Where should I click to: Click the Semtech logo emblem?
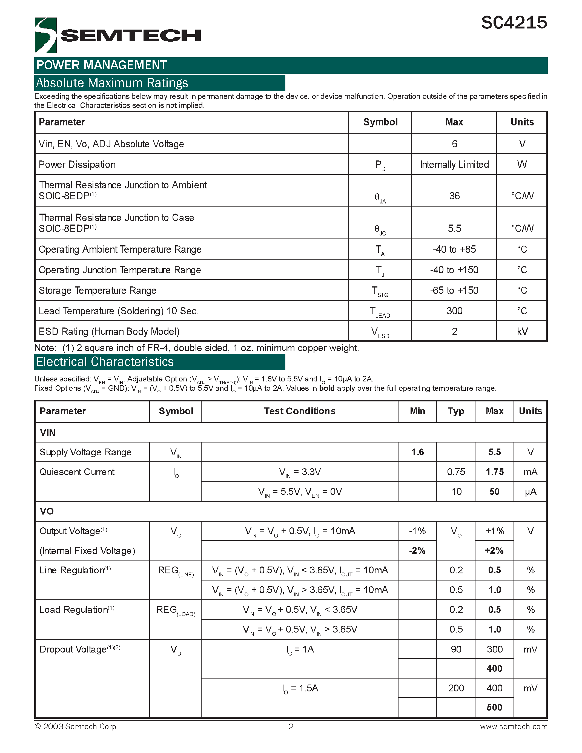(45, 35)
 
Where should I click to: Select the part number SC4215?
(514, 23)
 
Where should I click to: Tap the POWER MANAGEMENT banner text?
(102, 65)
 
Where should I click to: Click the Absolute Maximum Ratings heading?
(112, 83)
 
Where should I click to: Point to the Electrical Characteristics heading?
(105, 362)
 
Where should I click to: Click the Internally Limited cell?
(454, 165)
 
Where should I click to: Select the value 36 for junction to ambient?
(454, 196)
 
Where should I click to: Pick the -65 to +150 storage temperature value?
(454, 290)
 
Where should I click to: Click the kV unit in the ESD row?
(522, 331)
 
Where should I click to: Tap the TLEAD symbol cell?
(380, 312)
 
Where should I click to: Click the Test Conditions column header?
(299, 411)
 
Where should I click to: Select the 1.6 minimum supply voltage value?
(417, 452)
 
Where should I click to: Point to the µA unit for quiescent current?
(530, 492)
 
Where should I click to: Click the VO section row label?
(47, 511)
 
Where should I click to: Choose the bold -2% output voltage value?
(417, 551)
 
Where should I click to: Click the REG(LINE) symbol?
(176, 571)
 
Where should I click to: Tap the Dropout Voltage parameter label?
(73, 649)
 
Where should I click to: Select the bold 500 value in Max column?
(494, 708)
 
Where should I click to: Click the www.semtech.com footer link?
(513, 726)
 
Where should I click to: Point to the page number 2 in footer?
(291, 726)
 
